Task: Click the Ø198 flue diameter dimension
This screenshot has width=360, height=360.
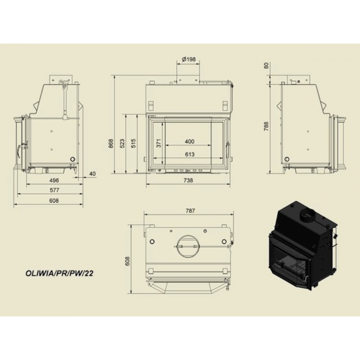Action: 189,59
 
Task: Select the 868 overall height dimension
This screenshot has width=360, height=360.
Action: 111,143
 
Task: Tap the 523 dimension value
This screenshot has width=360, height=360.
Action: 122,143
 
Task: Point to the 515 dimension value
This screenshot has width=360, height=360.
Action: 134,143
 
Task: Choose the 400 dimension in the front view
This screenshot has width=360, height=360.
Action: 189,141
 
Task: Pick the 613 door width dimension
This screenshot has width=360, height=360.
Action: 190,154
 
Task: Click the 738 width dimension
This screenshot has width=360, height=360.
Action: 188,180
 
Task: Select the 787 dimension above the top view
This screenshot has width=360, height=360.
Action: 190,211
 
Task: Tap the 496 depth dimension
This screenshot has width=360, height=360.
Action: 54,180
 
